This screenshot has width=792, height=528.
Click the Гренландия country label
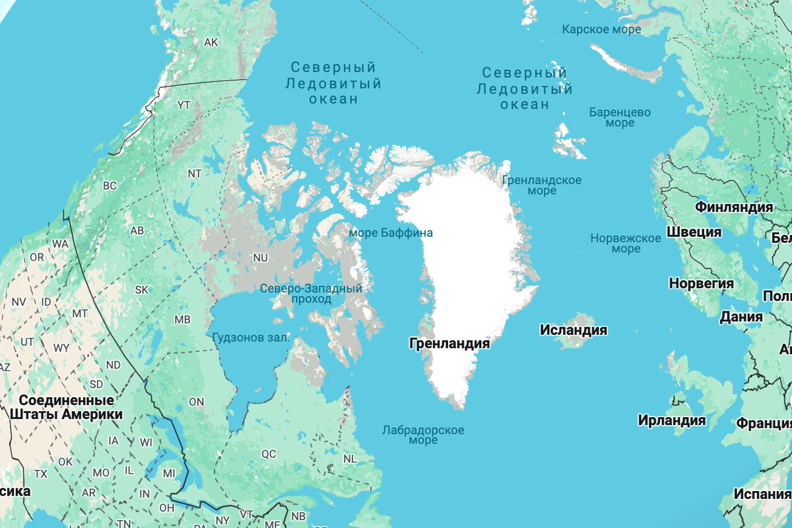(x=449, y=344)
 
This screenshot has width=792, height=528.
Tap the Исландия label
(x=573, y=330)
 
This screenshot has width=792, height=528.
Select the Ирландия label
(x=671, y=420)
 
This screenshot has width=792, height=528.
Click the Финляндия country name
(x=733, y=207)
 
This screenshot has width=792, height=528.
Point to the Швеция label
(x=694, y=232)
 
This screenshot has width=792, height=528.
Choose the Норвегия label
(x=701, y=284)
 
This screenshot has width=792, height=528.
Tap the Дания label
(x=741, y=317)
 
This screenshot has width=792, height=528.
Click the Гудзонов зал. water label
(x=251, y=337)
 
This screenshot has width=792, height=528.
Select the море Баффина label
(x=391, y=233)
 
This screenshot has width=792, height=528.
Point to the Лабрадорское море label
(x=422, y=435)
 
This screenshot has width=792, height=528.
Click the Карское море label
(x=601, y=29)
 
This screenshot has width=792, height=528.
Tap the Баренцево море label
(x=620, y=117)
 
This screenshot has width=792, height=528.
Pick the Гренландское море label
(x=541, y=185)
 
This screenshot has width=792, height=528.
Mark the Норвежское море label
(x=625, y=244)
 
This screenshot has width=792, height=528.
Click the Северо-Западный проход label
(x=311, y=294)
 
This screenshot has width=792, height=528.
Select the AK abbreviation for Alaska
(x=211, y=42)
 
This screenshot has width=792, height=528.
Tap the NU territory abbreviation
(x=260, y=257)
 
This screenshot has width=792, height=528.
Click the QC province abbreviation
(x=269, y=454)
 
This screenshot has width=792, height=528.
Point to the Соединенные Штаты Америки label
(x=67, y=408)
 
